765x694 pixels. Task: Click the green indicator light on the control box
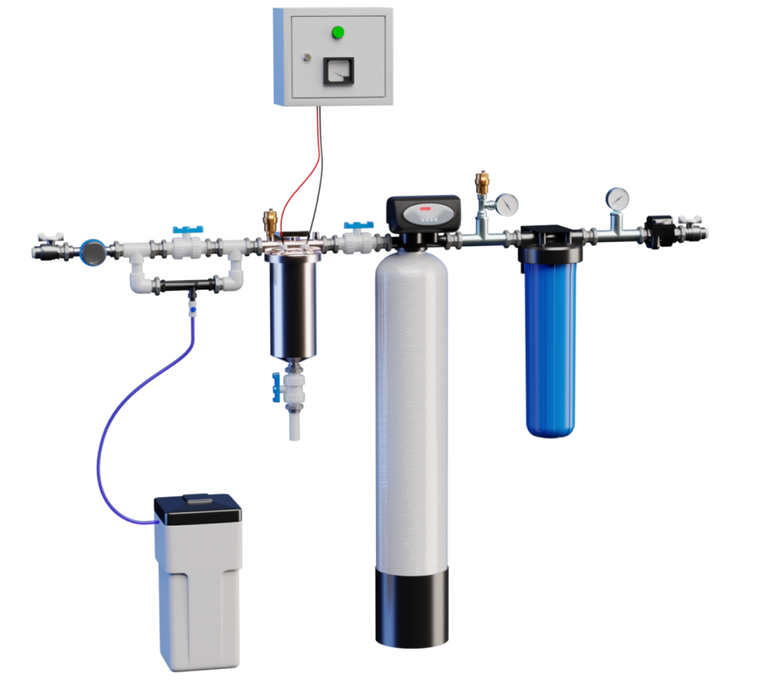tap(338, 32)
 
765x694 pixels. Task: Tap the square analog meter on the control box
tap(338, 71)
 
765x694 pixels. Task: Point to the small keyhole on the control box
tap(306, 57)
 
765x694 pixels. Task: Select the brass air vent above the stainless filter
tap(271, 222)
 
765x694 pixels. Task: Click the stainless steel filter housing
tap(293, 305)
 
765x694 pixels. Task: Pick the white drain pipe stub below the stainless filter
tap(295, 426)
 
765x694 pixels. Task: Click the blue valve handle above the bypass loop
tap(188, 230)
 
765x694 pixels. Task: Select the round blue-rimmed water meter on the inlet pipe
tap(93, 252)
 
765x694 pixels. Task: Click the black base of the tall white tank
tap(412, 610)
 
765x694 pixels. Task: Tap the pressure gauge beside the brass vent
tap(507, 205)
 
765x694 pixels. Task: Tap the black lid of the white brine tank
tap(197, 509)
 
